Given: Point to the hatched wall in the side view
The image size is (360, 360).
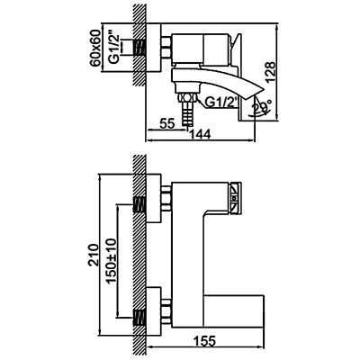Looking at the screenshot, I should pos(139,63).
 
